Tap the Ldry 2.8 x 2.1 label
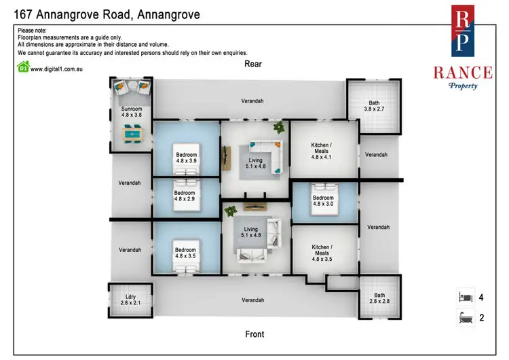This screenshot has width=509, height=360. coord(127,298)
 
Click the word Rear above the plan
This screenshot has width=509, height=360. coord(254,64)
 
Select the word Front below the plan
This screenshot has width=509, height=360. coord(254,334)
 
